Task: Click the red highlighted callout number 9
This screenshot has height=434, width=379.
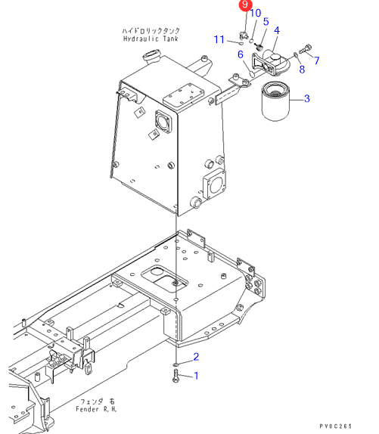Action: pos(245,5)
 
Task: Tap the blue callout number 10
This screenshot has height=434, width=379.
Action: pos(256,13)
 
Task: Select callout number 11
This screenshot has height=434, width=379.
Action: pos(219,39)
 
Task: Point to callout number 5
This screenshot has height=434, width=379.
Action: pos(266,22)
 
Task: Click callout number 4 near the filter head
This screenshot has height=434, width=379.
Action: pos(277,30)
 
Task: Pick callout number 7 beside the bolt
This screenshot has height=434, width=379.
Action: pos(317,60)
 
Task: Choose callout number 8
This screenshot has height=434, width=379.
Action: pos(302,70)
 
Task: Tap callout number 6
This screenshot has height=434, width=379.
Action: pos(241,54)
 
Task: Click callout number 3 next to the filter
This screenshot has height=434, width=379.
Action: pos(306,98)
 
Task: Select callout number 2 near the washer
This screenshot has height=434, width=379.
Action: pos(196,357)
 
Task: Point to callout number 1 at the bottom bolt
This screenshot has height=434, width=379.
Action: pos(196,376)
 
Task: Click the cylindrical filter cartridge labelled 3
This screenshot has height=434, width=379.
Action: pos(275,101)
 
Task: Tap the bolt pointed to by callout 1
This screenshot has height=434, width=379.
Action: pos(176,376)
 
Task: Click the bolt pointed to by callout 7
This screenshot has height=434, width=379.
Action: pos(306,49)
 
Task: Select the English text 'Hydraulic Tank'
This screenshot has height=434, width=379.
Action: pos(151,39)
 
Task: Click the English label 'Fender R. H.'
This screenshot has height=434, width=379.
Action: pos(96,409)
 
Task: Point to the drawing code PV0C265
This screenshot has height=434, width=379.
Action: pos(336,426)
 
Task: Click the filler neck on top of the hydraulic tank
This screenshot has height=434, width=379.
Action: pos(151,56)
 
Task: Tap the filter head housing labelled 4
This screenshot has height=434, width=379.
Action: pos(271,63)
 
